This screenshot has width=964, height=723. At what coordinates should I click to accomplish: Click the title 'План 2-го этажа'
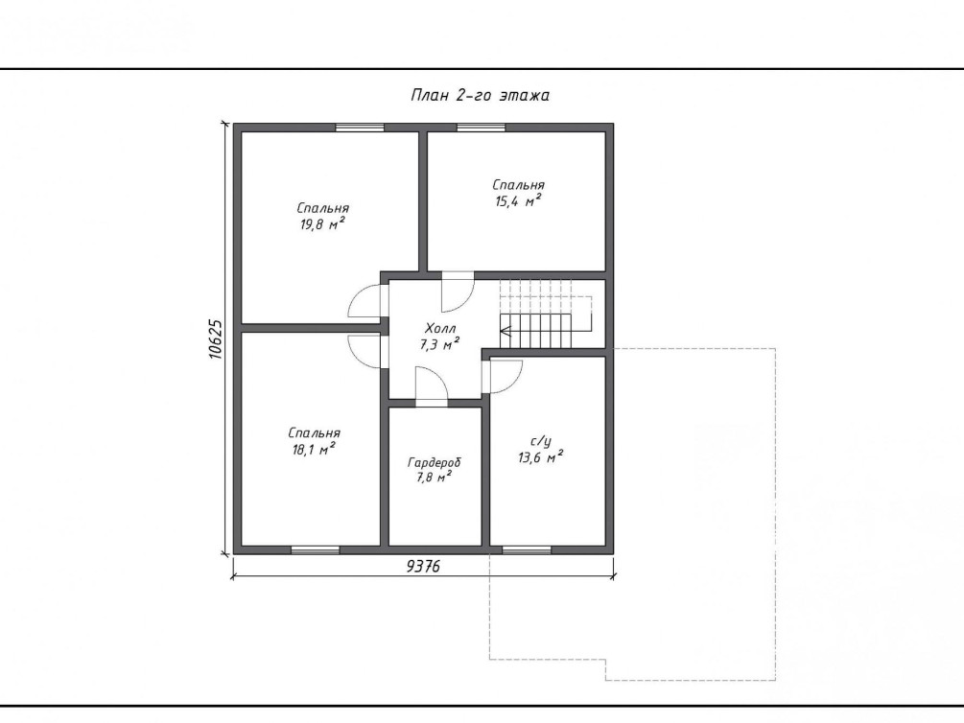pyautogui.click(x=480, y=95)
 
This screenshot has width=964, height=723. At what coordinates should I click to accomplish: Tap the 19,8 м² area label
pyautogui.click(x=322, y=224)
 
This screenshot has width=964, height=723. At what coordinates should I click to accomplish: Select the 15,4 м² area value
pyautogui.click(x=518, y=201)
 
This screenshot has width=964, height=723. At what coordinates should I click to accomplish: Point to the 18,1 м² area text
pyautogui.click(x=314, y=450)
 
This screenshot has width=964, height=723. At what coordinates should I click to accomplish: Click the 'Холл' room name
pyautogui.click(x=440, y=328)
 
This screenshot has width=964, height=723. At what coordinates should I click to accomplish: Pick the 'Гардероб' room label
pyautogui.click(x=435, y=462)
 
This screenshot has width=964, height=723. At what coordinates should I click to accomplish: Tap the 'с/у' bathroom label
pyautogui.click(x=540, y=441)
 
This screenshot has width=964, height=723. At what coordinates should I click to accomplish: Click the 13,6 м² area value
pyautogui.click(x=541, y=457)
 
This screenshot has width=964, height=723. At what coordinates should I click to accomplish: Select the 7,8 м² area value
pyautogui.click(x=435, y=478)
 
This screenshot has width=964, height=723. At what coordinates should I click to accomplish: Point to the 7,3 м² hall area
pyautogui.click(x=440, y=344)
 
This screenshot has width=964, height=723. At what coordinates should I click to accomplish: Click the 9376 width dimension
pyautogui.click(x=424, y=567)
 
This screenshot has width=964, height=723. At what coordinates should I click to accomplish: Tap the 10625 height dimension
pyautogui.click(x=215, y=338)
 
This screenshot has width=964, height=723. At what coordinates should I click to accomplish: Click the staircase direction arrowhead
pyautogui.click(x=506, y=332)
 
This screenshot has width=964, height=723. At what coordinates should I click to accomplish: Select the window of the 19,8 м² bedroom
pyautogui.click(x=360, y=128)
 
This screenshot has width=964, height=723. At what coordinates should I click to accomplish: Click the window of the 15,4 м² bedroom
pyautogui.click(x=481, y=128)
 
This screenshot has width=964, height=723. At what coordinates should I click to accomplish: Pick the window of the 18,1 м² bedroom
pyautogui.click(x=316, y=549)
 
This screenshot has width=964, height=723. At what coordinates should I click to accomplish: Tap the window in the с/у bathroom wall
pyautogui.click(x=527, y=549)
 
